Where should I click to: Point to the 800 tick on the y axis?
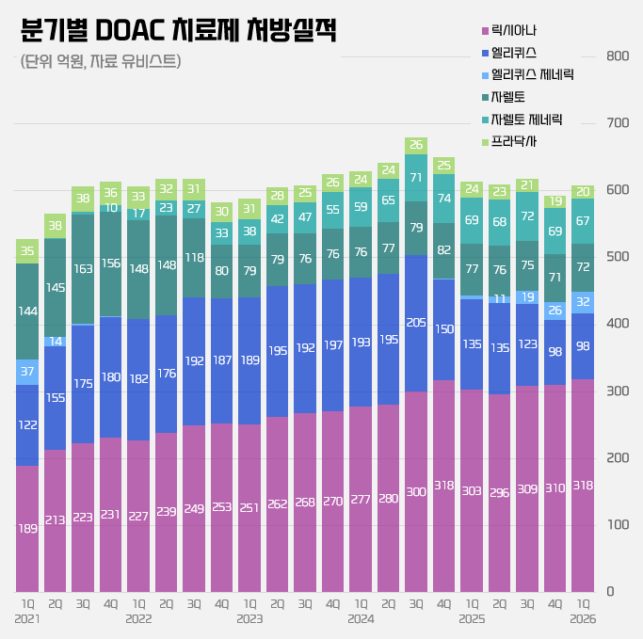pyautogui.click(x=617, y=56)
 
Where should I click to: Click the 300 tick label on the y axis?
pyautogui.click(x=617, y=391)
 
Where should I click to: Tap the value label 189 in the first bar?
pyautogui.click(x=28, y=529)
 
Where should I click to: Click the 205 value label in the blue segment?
pyautogui.click(x=416, y=322)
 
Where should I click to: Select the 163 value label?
pyautogui.click(x=83, y=268)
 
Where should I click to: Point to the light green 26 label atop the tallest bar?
pyautogui.click(x=416, y=145)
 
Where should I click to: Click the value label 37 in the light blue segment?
pyautogui.click(x=28, y=372)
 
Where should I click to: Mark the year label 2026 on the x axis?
pyautogui.click(x=584, y=618)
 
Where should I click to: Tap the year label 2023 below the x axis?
pyautogui.click(x=249, y=618)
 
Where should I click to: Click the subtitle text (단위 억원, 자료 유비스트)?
pyautogui.click(x=100, y=62)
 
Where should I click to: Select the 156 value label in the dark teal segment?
pyautogui.click(x=111, y=264)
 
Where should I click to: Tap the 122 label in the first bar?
pyautogui.click(x=28, y=425)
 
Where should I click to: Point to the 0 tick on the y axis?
pyautogui.click(x=611, y=591)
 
